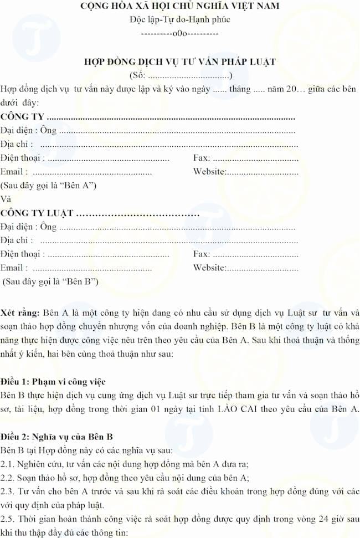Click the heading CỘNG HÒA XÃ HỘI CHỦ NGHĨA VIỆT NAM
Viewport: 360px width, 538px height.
click(180, 7)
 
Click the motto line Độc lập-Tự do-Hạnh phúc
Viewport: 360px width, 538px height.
click(180, 19)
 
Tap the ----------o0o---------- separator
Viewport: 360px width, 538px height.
click(180, 33)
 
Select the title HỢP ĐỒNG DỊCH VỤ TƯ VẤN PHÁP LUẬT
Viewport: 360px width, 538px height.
click(180, 62)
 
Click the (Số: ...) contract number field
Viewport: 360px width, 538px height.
click(180, 75)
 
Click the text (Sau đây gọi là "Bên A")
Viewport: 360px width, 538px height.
click(49, 185)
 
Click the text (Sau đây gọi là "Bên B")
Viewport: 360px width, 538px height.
click(51, 281)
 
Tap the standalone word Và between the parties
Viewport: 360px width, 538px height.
click(6, 199)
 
